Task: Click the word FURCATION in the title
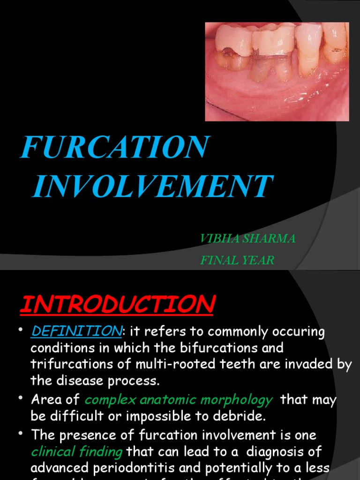pos(114,147)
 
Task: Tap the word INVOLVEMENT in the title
pos(152,186)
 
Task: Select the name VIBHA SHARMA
pos(247,239)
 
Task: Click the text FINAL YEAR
pos(237,260)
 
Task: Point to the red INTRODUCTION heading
pos(117,305)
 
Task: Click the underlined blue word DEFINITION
pos(76,331)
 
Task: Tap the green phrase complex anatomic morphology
pos(178,400)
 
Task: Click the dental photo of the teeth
pos(277,71)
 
